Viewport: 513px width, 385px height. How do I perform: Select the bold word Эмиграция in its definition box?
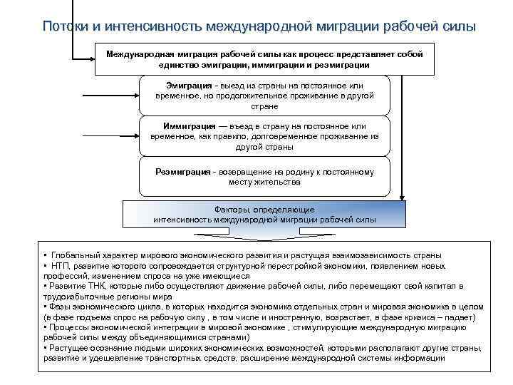click(x=182, y=85)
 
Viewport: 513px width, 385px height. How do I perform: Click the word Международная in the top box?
click(x=139, y=54)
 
